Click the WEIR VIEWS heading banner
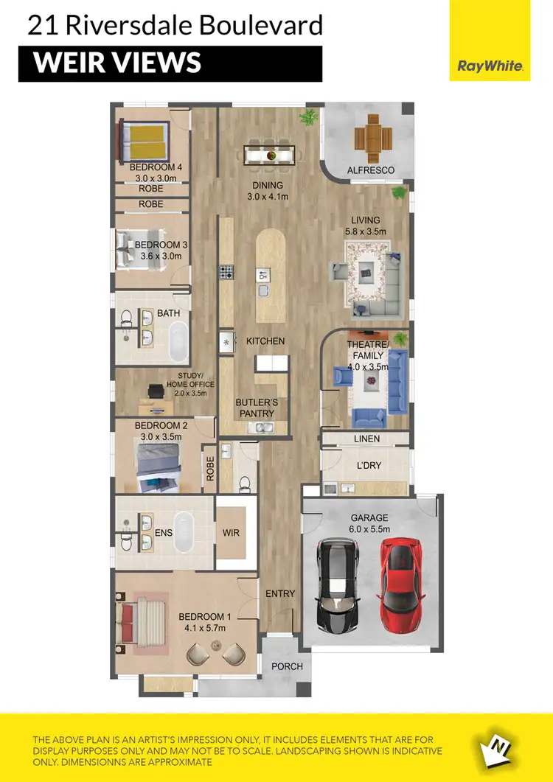[x=170, y=64]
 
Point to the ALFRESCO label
[x=371, y=170]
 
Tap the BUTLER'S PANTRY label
[x=257, y=408]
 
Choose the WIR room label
[x=232, y=533]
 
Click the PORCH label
[x=288, y=666]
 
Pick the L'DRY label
[x=368, y=467]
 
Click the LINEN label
[x=366, y=439]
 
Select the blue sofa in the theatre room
[x=397, y=383]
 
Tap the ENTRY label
[x=280, y=593]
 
